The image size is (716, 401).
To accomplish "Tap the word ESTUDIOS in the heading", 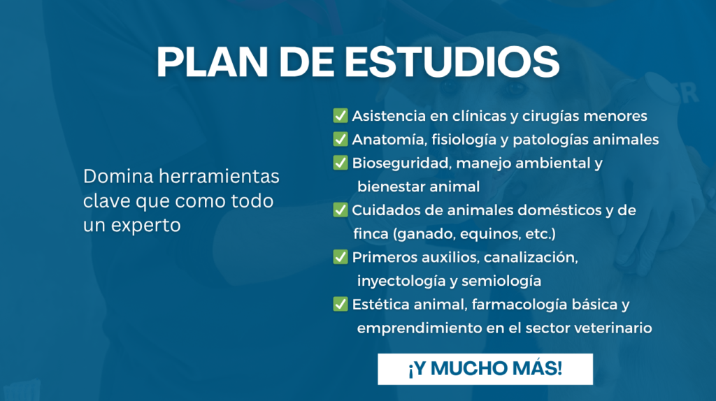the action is pos(452,61).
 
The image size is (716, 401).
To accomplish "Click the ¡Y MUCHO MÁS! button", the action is pos(485,369).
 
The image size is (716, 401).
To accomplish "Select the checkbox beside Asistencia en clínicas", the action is pos(341,115).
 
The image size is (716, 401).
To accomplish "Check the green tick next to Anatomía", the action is pos(341,139).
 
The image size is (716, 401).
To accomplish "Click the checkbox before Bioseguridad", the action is pos(341,162).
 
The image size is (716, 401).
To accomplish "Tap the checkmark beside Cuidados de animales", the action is pos(341,210).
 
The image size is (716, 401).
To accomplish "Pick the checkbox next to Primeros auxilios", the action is pos(341,257).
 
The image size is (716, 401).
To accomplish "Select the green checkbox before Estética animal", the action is pos(341,304).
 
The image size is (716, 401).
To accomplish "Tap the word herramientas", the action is pos(219,176).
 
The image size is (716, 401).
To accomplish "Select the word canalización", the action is pos(531,257).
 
